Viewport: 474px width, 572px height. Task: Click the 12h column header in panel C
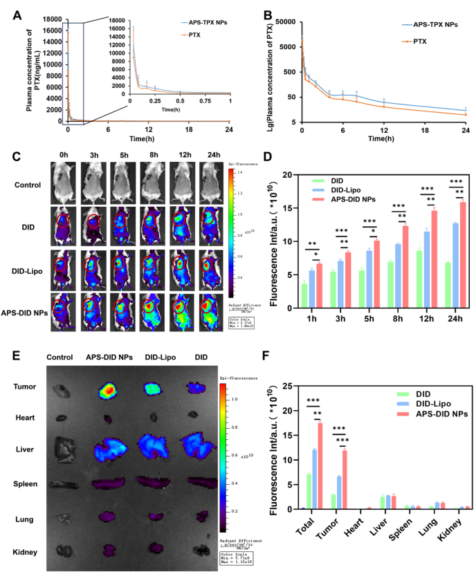pyautogui.click(x=179, y=155)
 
